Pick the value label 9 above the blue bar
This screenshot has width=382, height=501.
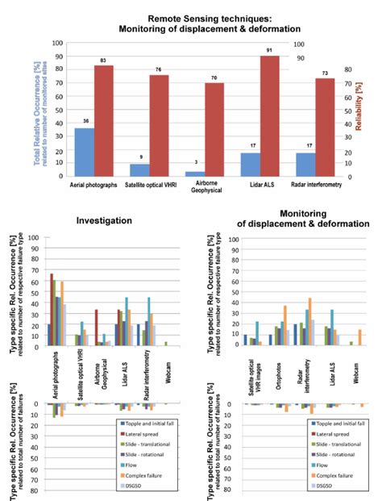pos(140,157)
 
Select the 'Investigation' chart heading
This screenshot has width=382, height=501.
pos(101,219)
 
